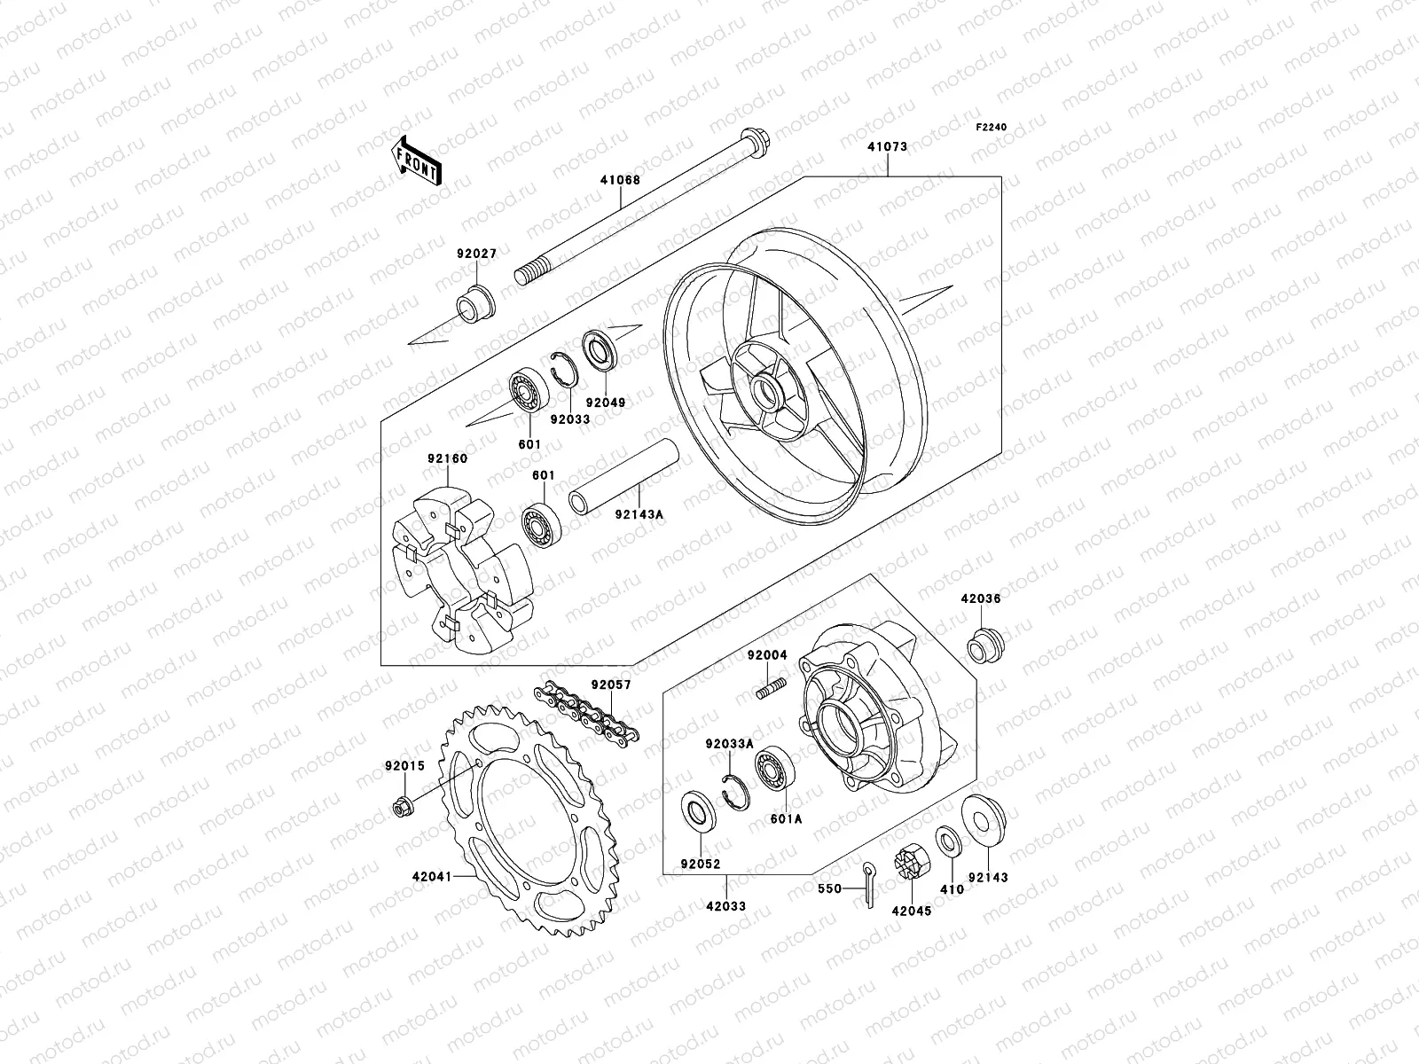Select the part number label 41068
pyautogui.click(x=619, y=180)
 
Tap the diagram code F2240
pyautogui.click(x=992, y=127)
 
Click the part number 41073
pyautogui.click(x=888, y=146)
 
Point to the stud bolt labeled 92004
pyautogui.click(x=772, y=687)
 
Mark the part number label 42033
pyautogui.click(x=726, y=906)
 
